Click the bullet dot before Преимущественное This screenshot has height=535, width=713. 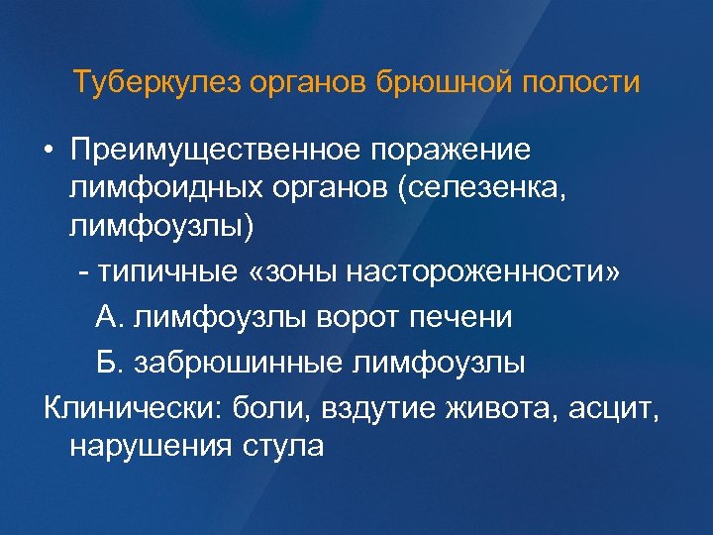click(x=48, y=150)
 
